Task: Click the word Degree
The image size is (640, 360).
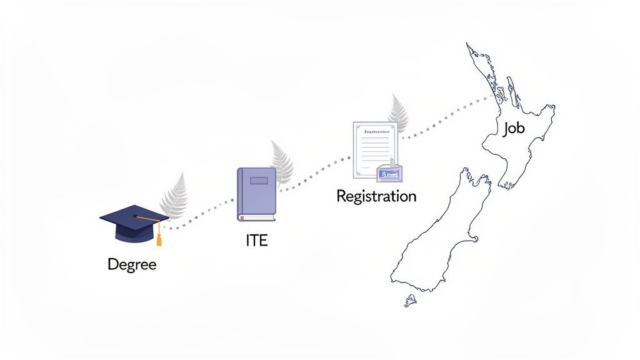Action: coord(132,264)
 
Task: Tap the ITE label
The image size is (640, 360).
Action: coord(257,241)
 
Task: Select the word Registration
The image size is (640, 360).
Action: coord(376,196)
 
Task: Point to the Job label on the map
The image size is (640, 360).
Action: coord(514,129)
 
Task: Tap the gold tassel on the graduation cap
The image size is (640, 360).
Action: coord(159,238)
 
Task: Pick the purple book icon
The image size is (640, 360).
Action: coord(256,194)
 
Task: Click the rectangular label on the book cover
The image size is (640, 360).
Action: coord(258,181)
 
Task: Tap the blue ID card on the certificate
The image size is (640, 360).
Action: coord(389,173)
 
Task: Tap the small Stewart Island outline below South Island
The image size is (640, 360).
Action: coord(410,301)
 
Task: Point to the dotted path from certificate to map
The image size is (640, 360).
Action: coord(444,118)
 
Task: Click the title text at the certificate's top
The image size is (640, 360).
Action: coord(374,132)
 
